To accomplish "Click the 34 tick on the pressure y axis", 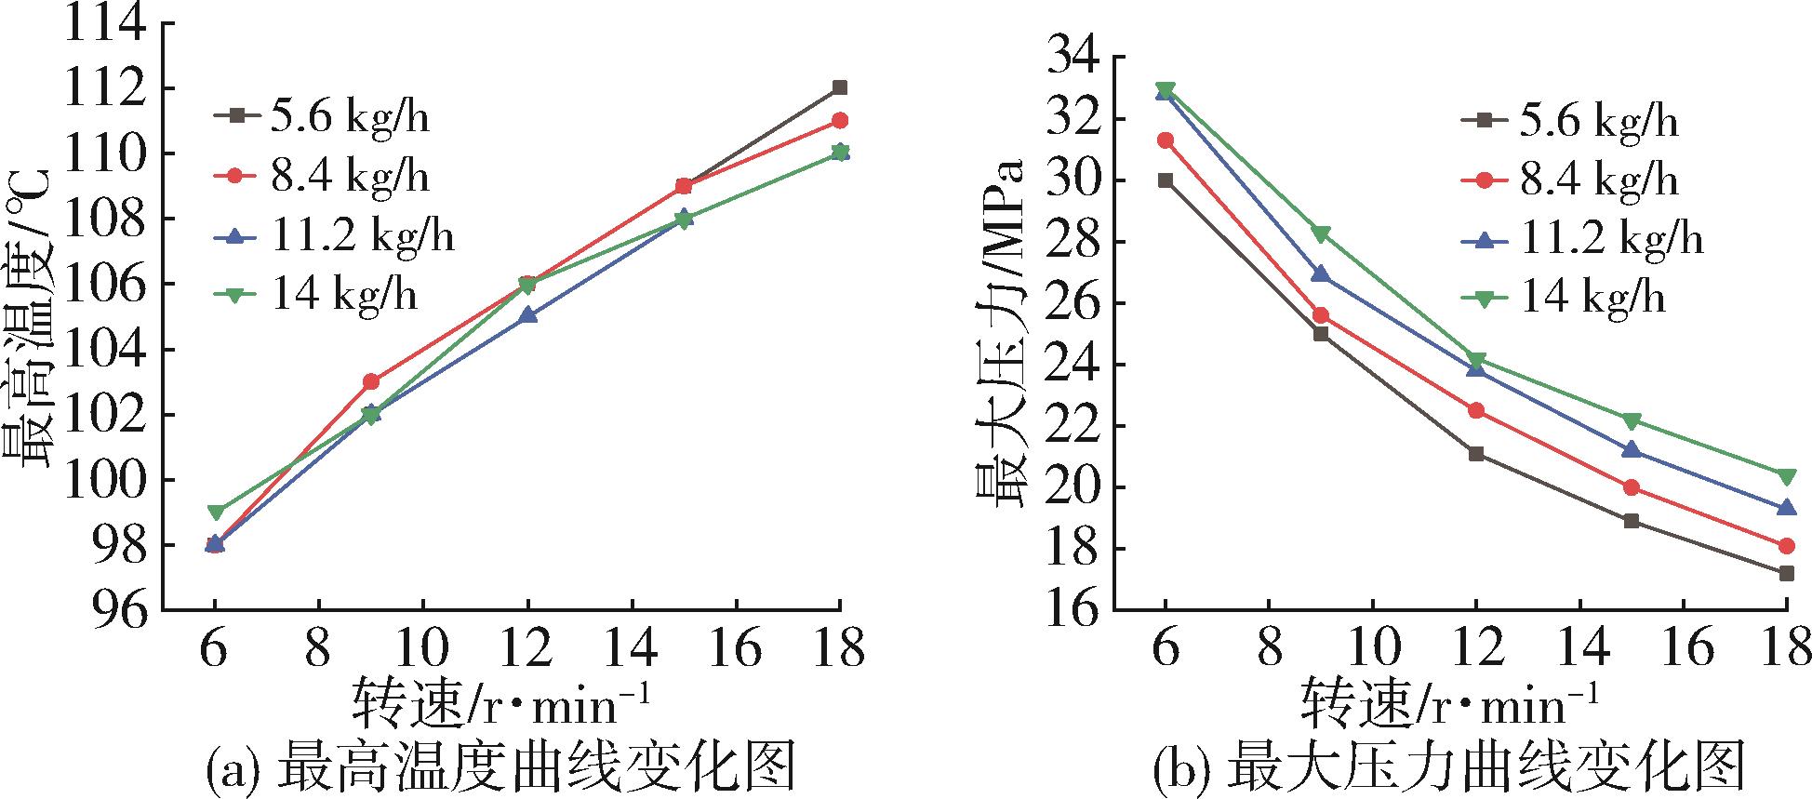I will (1075, 58).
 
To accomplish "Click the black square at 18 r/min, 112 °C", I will (839, 87).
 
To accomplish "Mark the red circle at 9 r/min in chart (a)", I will (371, 381).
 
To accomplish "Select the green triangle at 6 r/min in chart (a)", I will (215, 513).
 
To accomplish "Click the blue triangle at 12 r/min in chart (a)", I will (527, 315).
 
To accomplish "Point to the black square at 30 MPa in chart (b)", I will (1166, 180).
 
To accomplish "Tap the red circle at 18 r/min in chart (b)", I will (1786, 546).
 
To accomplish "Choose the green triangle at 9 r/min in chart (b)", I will (1321, 233).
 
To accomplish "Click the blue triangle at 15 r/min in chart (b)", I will (1632, 450).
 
